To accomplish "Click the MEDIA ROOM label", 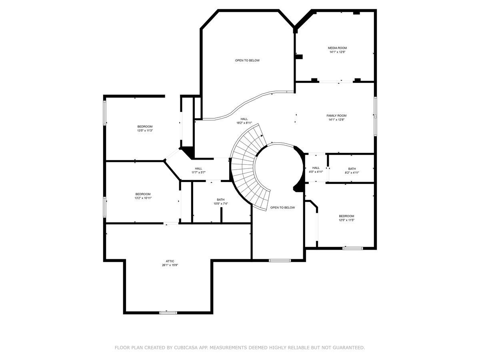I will pyautogui.click(x=337, y=48).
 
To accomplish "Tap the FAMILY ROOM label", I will pyautogui.click(x=336, y=115).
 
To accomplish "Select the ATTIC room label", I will pyautogui.click(x=170, y=261).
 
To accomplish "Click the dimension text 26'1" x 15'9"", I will pyautogui.click(x=170, y=265).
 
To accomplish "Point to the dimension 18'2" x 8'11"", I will pyautogui.click(x=244, y=123).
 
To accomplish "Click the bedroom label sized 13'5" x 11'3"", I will pyautogui.click(x=145, y=126).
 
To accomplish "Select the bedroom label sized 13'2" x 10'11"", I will pyautogui.click(x=143, y=194).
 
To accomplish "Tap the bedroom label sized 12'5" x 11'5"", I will pyautogui.click(x=346, y=216).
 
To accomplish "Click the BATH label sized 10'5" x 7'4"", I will pyautogui.click(x=221, y=200).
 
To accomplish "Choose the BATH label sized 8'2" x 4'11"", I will pyautogui.click(x=352, y=169).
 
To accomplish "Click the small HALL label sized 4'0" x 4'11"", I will pyautogui.click(x=316, y=168).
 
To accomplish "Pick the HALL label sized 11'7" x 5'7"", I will pyautogui.click(x=198, y=168).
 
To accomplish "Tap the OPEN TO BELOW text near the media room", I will pyautogui.click(x=247, y=60).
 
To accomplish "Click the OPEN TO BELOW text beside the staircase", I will pyautogui.click(x=282, y=208).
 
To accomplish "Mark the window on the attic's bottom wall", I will pyautogui.click(x=168, y=312).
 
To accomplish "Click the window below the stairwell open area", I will pyautogui.click(x=280, y=260).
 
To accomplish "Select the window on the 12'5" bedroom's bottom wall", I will pyautogui.click(x=353, y=248).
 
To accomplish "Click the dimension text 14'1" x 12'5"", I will pyautogui.click(x=337, y=52).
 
